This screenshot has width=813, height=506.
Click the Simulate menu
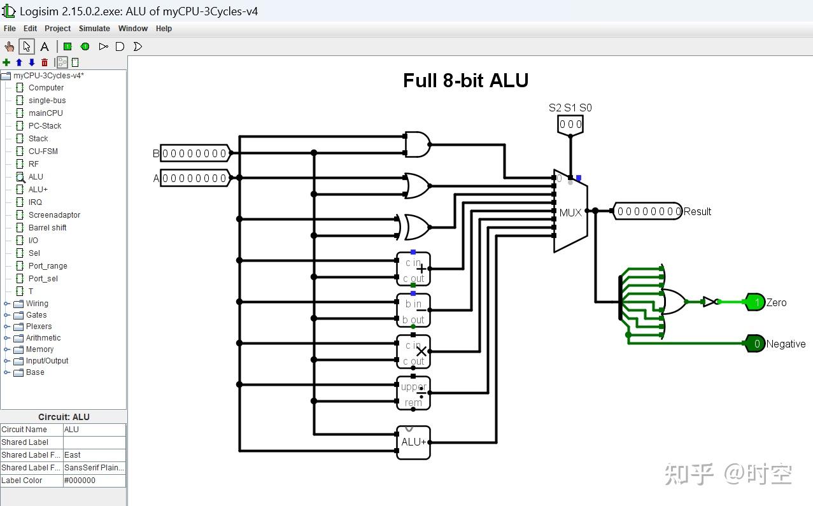point(94,29)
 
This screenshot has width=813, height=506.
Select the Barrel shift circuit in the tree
point(47,227)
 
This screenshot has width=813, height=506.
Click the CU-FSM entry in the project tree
point(43,151)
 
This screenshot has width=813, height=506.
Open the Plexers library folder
point(38,327)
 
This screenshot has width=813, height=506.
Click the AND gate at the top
point(417,144)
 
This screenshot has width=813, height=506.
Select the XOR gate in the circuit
point(416,227)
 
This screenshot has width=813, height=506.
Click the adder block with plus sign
point(413,269)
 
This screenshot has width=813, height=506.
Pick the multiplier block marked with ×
point(413,351)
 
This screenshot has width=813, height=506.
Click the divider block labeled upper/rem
point(413,393)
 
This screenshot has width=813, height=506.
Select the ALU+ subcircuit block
point(413,442)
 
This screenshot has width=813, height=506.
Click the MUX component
point(570,211)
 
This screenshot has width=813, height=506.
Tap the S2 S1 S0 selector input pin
point(570,124)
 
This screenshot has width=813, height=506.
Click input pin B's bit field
point(194,153)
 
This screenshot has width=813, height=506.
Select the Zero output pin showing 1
point(755,302)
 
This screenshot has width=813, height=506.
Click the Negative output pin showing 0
point(755,344)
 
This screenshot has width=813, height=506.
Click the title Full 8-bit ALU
point(465,80)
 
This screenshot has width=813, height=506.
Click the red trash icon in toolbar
point(45,62)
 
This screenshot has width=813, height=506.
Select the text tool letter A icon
point(45,46)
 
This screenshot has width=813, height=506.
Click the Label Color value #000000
point(94,481)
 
